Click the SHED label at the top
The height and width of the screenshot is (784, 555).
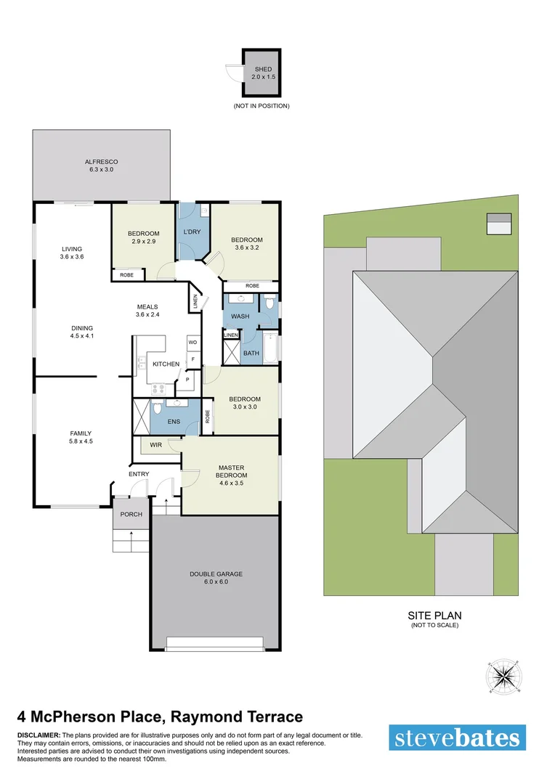click(x=262, y=69)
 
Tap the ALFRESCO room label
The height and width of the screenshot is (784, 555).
click(x=101, y=161)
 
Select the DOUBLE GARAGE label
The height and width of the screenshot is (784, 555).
click(x=216, y=573)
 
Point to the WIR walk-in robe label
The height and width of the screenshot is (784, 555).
click(x=155, y=444)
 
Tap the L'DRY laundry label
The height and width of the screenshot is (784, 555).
click(x=192, y=232)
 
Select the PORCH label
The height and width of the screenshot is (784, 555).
click(x=131, y=514)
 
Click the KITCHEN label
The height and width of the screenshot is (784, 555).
click(x=166, y=364)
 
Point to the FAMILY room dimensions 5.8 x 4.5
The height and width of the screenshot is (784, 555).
click(x=81, y=441)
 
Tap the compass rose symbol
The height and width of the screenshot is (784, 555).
click(x=501, y=677)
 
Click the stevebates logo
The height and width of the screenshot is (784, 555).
click(x=457, y=738)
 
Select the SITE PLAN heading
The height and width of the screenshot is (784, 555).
click(x=434, y=615)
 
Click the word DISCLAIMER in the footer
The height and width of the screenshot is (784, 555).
click(x=39, y=735)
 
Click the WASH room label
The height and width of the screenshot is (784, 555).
click(x=240, y=317)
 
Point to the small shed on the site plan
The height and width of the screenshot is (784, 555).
click(x=498, y=224)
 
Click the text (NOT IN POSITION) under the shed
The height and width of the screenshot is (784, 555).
click(x=262, y=106)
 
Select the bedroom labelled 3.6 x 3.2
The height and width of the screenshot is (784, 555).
click(x=246, y=244)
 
